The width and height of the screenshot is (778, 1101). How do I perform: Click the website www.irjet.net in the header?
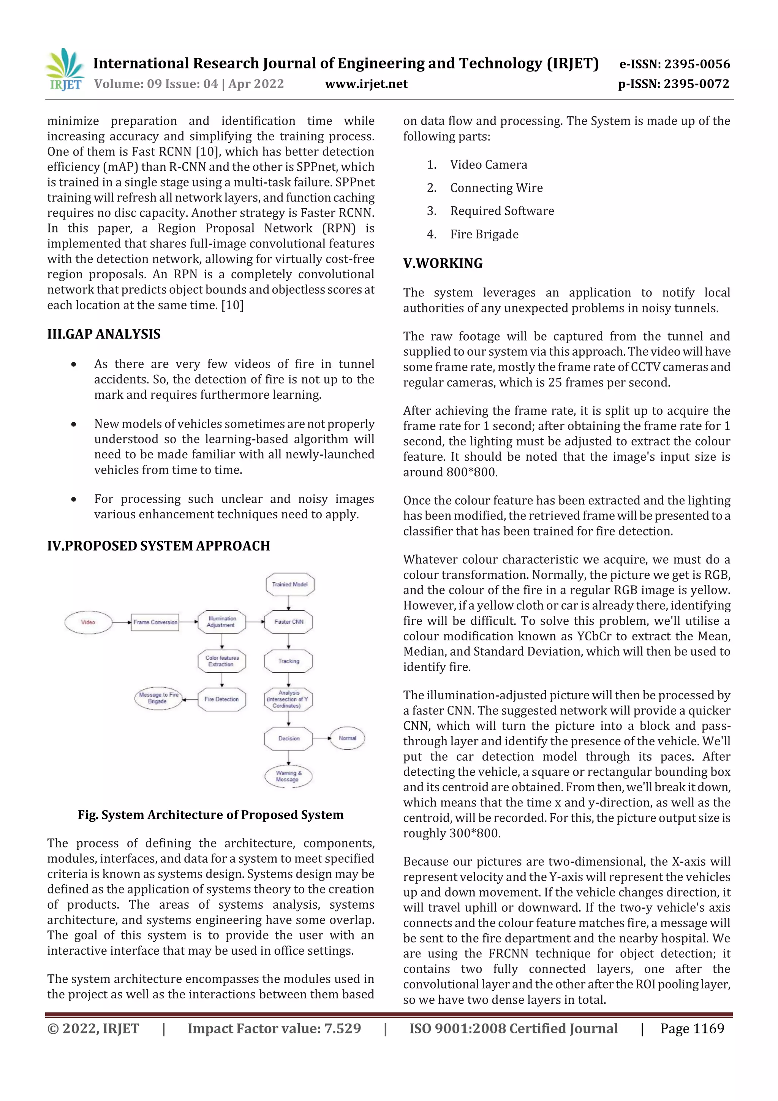coord(366,84)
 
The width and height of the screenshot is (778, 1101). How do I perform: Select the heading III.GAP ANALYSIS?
coord(104,334)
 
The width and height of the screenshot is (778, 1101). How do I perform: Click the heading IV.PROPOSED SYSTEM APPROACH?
coord(158,546)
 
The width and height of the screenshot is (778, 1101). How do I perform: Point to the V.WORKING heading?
coord(443,263)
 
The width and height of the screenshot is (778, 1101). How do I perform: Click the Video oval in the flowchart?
coord(88,622)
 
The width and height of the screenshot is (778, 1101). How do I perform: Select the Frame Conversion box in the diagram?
coord(155,622)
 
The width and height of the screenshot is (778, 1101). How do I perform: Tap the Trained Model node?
coord(289,584)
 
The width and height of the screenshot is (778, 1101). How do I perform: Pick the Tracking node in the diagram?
coord(289,661)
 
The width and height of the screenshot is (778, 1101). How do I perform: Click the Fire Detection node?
coord(221,699)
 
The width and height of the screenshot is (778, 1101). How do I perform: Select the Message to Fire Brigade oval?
coord(158,698)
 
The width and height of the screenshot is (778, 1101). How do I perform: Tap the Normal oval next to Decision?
coord(347,738)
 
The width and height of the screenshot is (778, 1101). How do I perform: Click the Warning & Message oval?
coord(288,776)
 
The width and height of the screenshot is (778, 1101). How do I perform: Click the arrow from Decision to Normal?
coord(321,738)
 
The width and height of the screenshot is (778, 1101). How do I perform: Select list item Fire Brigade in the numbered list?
coord(484,234)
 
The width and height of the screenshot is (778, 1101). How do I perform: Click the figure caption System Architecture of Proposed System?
coord(210,815)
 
